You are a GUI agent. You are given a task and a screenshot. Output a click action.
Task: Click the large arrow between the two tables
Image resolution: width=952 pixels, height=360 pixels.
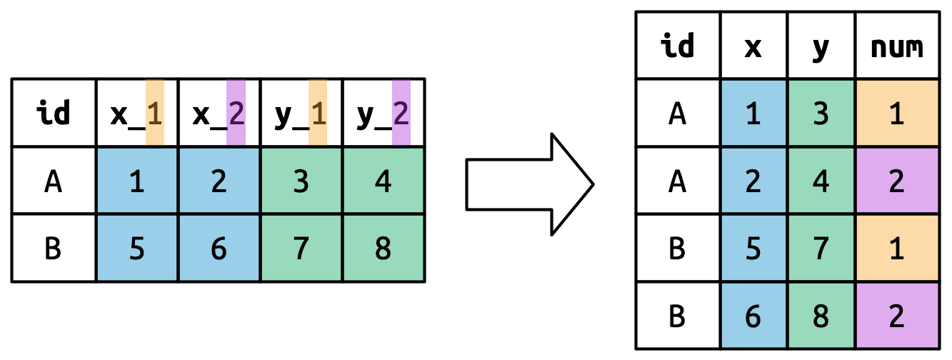[x=528, y=184]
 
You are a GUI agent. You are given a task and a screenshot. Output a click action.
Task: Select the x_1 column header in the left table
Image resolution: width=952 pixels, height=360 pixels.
[x=137, y=114]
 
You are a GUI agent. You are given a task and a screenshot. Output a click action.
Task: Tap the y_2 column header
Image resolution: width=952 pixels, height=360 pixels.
[x=384, y=114]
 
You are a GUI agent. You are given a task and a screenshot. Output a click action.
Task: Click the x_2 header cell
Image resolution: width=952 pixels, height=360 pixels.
[x=219, y=114]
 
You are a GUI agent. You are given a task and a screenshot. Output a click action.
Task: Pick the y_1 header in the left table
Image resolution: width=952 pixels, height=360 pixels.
[x=301, y=114]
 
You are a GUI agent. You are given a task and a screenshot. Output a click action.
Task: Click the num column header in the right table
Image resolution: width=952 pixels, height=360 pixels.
[x=897, y=46]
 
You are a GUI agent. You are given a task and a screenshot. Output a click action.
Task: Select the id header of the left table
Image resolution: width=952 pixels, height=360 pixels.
[x=54, y=114]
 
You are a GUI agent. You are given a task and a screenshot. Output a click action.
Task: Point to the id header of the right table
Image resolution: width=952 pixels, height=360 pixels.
[x=678, y=46]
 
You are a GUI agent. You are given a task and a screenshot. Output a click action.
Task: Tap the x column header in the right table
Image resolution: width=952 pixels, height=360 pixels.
[x=753, y=46]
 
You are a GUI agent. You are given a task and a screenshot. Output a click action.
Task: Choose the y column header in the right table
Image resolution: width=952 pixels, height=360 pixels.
[x=821, y=46]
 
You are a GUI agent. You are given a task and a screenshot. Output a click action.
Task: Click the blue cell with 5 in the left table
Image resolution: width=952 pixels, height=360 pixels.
[x=137, y=249]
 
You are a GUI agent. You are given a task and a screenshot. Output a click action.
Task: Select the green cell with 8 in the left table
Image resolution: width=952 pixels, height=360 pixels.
[x=384, y=249]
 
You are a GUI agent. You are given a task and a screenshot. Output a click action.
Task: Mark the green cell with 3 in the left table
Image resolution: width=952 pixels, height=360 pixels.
[x=301, y=181]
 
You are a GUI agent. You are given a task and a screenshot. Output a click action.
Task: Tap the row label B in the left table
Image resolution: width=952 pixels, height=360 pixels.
[x=54, y=249]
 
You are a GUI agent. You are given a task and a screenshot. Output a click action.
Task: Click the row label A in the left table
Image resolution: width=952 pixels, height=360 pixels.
[x=54, y=181]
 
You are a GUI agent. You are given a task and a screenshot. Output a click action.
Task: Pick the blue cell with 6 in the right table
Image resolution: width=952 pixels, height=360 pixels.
[x=753, y=316]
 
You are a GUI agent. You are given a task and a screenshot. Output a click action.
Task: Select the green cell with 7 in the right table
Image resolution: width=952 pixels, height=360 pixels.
[x=821, y=249]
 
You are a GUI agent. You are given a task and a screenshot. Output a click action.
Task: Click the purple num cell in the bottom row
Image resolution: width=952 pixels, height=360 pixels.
[x=897, y=316]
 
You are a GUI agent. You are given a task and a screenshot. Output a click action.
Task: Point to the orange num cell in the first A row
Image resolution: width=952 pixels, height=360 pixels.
[x=897, y=114]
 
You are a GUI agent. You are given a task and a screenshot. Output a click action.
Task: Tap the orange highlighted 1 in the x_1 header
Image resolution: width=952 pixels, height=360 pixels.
[x=154, y=114]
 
